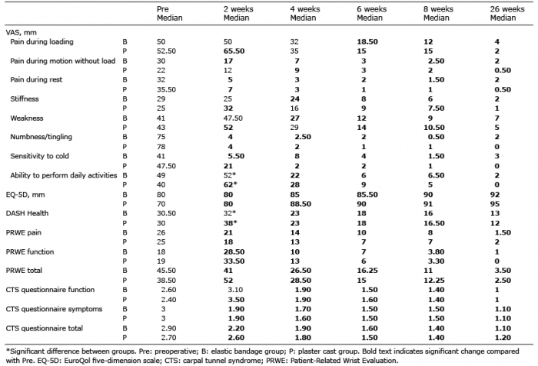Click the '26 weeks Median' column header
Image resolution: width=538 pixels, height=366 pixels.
click(507, 13)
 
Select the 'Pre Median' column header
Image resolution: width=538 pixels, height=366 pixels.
click(170, 13)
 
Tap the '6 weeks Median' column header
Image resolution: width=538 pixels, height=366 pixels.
click(371, 13)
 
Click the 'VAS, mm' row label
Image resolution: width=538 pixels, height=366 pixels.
click(22, 32)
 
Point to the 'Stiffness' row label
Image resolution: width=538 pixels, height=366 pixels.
click(25, 99)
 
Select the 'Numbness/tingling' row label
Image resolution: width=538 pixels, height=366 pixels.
click(42, 137)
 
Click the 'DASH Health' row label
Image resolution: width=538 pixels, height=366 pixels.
click(27, 213)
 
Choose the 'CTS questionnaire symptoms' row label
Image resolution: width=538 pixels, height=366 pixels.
click(55, 309)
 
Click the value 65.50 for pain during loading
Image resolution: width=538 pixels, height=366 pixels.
click(234, 52)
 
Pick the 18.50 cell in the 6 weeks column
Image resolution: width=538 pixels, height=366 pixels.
click(367, 42)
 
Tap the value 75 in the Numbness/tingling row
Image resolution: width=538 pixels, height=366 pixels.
click(161, 137)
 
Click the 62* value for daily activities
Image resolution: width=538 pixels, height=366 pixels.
click(230, 185)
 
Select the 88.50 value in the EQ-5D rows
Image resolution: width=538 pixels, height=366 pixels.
click(301, 204)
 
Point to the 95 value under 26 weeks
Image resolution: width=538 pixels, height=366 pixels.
click(495, 204)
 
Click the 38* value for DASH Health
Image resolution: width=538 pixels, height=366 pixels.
click(230, 223)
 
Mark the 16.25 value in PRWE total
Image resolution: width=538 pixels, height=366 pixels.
click(367, 271)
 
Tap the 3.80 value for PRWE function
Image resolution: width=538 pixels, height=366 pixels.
click(437, 251)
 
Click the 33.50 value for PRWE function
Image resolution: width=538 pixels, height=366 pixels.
click(234, 261)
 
